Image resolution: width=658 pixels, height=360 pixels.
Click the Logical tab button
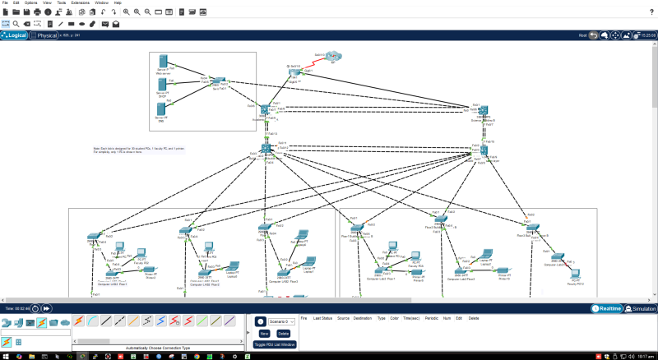(14, 35)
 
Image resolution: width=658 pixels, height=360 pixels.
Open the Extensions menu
(80, 3)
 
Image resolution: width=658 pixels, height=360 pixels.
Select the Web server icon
(163, 62)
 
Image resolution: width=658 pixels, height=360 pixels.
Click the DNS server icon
(161, 109)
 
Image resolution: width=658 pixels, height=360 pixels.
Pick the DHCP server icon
(162, 85)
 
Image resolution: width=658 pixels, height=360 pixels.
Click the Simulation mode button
(640, 309)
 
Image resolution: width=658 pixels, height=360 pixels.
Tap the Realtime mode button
(605, 309)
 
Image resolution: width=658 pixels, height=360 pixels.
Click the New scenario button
(265, 334)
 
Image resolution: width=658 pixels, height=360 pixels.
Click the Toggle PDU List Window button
(276, 344)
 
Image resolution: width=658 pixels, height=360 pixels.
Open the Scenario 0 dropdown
(281, 321)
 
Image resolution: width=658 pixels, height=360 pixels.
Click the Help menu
(118, 3)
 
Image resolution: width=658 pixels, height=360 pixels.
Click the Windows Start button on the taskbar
(5, 356)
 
